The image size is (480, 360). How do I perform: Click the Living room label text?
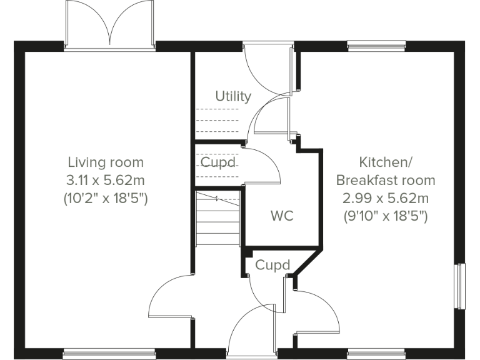[x=106, y=162]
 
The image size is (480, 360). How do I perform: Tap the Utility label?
[x=233, y=96]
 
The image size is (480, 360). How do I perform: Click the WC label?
[x=282, y=217]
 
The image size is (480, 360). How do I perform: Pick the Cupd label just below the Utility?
[x=218, y=162]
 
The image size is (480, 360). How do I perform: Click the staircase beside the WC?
[x=218, y=219]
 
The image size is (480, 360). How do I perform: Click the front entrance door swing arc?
[x=250, y=331]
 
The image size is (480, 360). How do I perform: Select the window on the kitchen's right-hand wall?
[x=461, y=286]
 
